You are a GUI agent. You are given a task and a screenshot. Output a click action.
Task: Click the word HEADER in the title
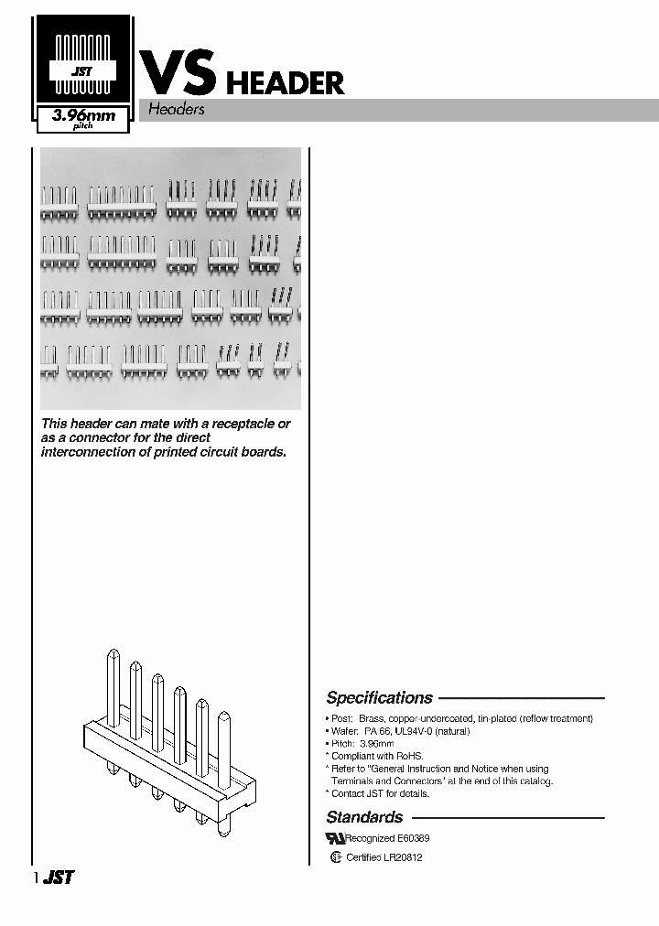[285, 83]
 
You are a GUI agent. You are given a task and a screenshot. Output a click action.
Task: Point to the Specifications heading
[379, 697]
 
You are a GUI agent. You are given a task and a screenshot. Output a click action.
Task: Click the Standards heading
[364, 817]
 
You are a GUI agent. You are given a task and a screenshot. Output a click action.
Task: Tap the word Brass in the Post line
[372, 719]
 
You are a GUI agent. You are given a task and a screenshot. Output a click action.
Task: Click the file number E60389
[414, 838]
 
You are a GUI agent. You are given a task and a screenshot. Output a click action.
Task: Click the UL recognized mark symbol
[335, 838]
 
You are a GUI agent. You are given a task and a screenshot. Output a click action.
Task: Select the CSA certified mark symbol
[336, 857]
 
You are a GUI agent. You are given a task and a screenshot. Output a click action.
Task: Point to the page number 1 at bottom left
[36, 878]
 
